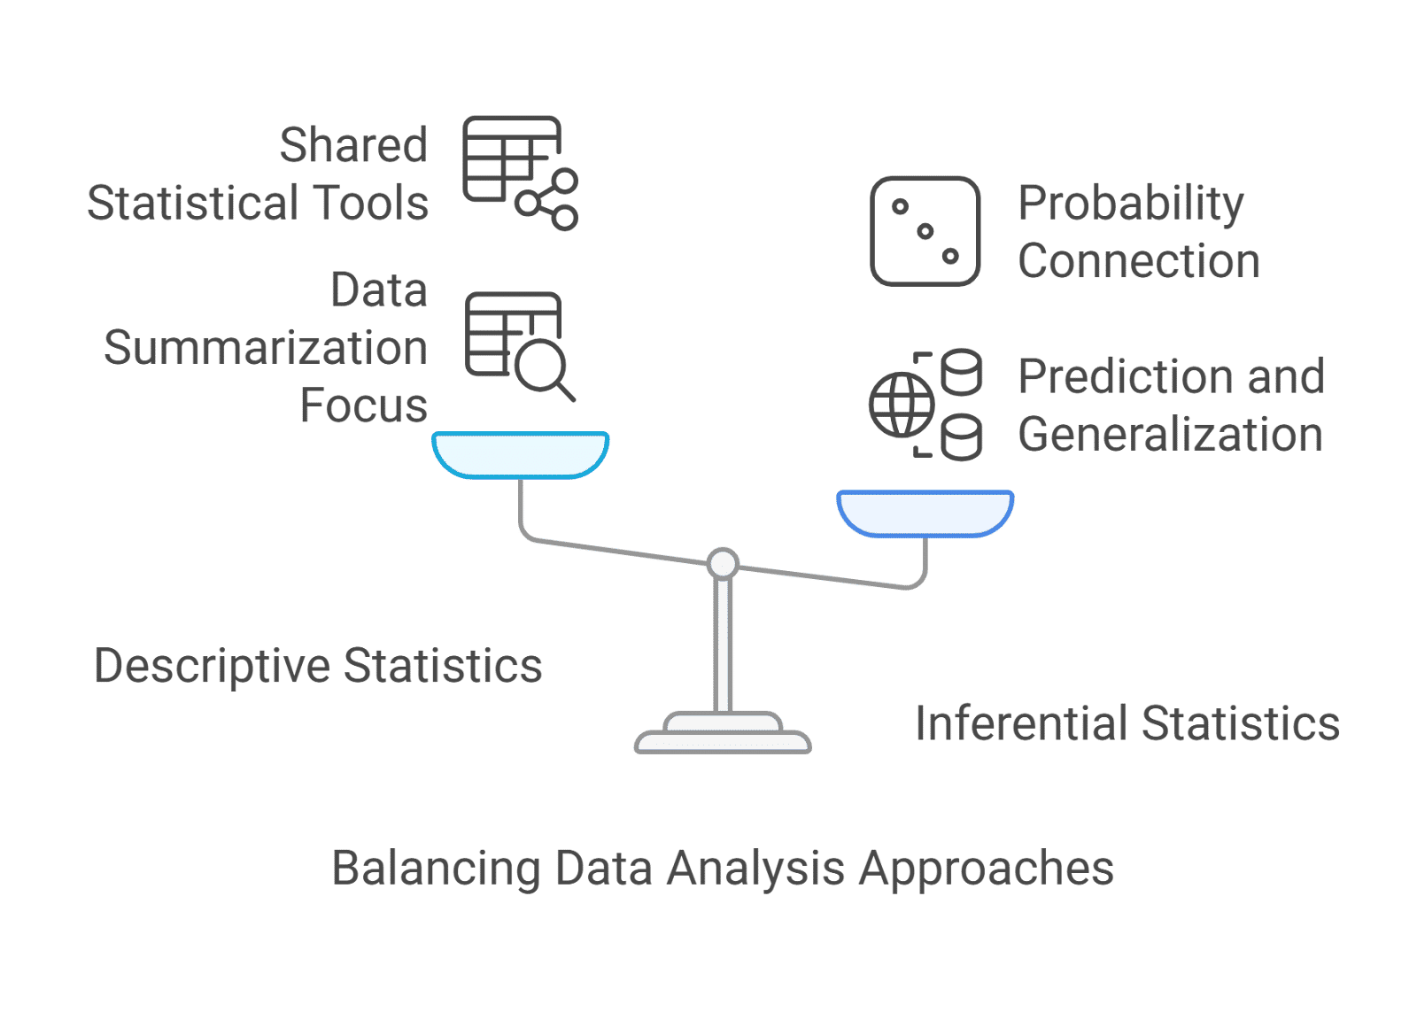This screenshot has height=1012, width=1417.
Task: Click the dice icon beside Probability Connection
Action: click(x=925, y=231)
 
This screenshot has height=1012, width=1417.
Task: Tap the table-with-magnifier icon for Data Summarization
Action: click(x=518, y=344)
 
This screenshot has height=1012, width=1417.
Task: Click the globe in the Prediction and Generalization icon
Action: click(x=901, y=406)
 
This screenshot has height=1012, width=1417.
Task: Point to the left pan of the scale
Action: click(x=520, y=453)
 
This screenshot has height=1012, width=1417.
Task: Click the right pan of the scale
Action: click(x=925, y=513)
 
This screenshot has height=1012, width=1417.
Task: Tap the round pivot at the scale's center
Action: click(x=723, y=563)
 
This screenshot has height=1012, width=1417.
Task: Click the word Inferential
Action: click(x=1022, y=723)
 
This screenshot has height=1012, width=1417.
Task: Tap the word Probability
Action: click(x=1130, y=205)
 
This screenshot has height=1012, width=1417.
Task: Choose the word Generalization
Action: click(x=1170, y=435)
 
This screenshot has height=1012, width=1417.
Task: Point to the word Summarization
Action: click(x=266, y=348)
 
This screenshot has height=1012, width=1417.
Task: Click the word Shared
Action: click(x=353, y=145)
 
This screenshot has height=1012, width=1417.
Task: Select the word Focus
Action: click(x=364, y=406)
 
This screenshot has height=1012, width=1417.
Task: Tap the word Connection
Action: click(x=1139, y=261)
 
